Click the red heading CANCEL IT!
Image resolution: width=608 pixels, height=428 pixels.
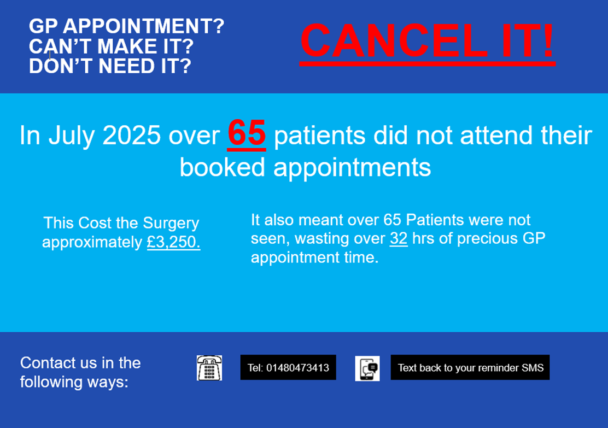(428, 41)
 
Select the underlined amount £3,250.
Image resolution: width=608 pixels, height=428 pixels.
(173, 242)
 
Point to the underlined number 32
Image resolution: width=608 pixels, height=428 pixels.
(399, 238)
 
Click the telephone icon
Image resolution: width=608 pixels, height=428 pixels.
(209, 367)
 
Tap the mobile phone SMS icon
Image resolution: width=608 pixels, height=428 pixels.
(367, 368)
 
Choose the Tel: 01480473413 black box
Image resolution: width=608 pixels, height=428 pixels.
(288, 367)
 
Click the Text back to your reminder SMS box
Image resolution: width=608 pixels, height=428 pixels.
(470, 367)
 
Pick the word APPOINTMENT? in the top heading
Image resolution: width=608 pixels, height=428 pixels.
(143, 26)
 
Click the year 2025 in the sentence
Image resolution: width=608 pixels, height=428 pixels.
(131, 136)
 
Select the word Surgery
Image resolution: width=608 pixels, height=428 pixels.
(171, 224)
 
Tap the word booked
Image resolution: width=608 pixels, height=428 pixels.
(222, 167)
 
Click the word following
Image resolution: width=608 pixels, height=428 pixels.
(51, 382)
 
